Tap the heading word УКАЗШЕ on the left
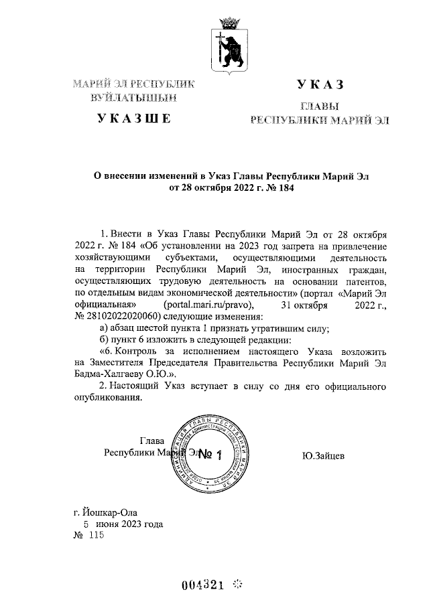point(134,119)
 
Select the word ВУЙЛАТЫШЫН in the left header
point(134,98)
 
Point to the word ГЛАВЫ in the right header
point(319,106)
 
